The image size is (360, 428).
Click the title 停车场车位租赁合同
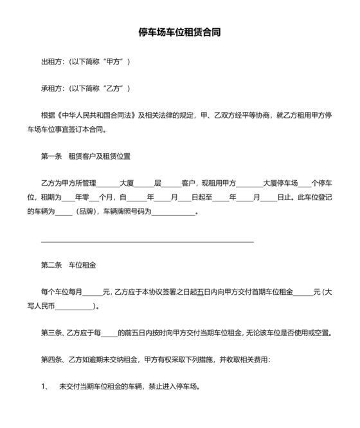pos(180,32)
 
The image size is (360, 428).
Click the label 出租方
pos(52,62)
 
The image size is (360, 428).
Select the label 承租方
pos(52,88)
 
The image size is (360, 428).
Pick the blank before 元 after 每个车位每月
pos(92,293)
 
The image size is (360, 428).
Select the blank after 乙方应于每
pos(109,334)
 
